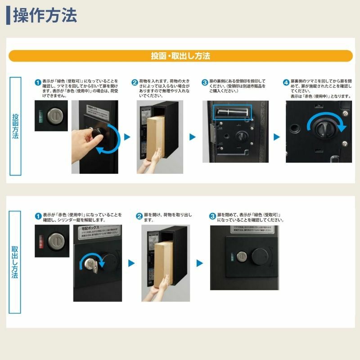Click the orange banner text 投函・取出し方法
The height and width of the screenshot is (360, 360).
[180, 56]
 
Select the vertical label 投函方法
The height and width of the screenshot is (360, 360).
[15, 126]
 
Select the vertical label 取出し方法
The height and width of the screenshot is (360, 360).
[15, 262]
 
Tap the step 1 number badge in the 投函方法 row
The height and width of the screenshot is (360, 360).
[38, 82]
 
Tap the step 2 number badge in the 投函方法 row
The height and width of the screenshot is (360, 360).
[135, 82]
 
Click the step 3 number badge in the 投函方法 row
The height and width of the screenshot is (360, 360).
[205, 82]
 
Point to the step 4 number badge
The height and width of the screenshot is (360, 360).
[286, 82]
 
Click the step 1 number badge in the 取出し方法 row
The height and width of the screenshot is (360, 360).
[38, 216]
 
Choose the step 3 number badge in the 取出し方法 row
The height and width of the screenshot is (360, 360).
[213, 216]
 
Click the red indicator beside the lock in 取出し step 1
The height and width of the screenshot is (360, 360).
[40, 240]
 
